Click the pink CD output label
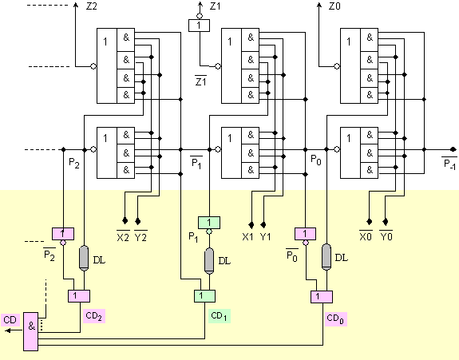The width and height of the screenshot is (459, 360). point(10,320)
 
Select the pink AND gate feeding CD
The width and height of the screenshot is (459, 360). point(31,331)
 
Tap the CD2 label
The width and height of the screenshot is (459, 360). point(94,316)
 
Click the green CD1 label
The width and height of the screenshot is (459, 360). point(220,316)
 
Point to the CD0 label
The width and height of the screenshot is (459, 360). point(335,319)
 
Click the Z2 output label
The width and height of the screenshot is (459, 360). point(91,6)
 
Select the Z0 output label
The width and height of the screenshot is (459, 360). point(334,6)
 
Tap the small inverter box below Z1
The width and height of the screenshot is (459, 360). point(199,26)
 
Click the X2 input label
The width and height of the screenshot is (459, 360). point(123,236)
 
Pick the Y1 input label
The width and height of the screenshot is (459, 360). point(265,237)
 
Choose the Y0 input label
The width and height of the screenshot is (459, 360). point(386,236)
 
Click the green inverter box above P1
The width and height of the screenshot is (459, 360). point(209,223)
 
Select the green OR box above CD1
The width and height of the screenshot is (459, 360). point(204,296)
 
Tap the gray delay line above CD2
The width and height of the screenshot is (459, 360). point(84,258)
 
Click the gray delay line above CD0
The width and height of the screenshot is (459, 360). point(326,257)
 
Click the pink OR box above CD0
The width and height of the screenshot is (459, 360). point(322,297)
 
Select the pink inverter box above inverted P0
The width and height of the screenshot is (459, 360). point(305,234)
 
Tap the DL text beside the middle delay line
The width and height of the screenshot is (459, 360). point(224,260)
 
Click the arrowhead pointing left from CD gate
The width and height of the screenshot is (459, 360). point(8,330)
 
